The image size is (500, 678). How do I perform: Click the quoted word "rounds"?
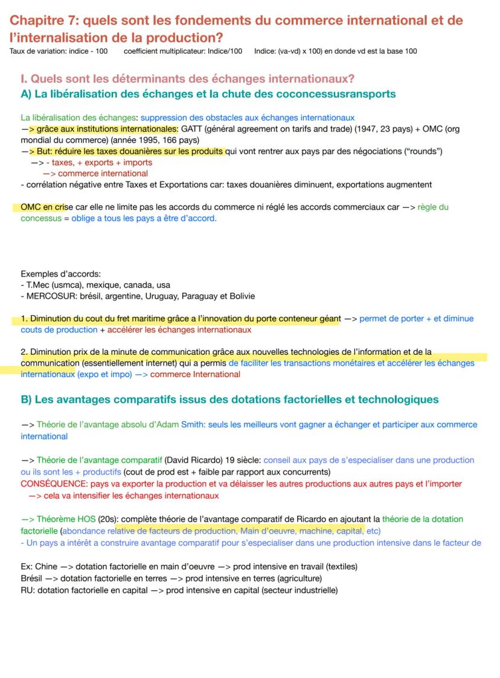(x=424, y=151)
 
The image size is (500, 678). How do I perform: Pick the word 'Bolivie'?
(x=240, y=296)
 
